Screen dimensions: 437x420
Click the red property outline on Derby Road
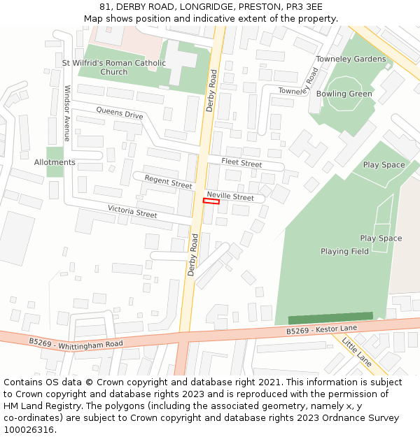211,201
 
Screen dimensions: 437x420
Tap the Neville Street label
230,197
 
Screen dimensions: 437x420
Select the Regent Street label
168,182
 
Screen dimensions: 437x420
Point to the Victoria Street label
132,211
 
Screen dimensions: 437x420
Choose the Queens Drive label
120,113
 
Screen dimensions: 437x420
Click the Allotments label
55,162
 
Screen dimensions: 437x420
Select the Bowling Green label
344,94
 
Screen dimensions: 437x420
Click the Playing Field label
344,251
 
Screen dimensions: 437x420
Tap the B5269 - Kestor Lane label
321,329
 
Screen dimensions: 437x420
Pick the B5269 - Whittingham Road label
76,343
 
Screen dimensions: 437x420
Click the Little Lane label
357,350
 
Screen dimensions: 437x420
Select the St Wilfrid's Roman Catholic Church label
114,67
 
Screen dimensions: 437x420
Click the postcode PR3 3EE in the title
304,6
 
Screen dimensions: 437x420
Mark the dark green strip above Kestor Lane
330,318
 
